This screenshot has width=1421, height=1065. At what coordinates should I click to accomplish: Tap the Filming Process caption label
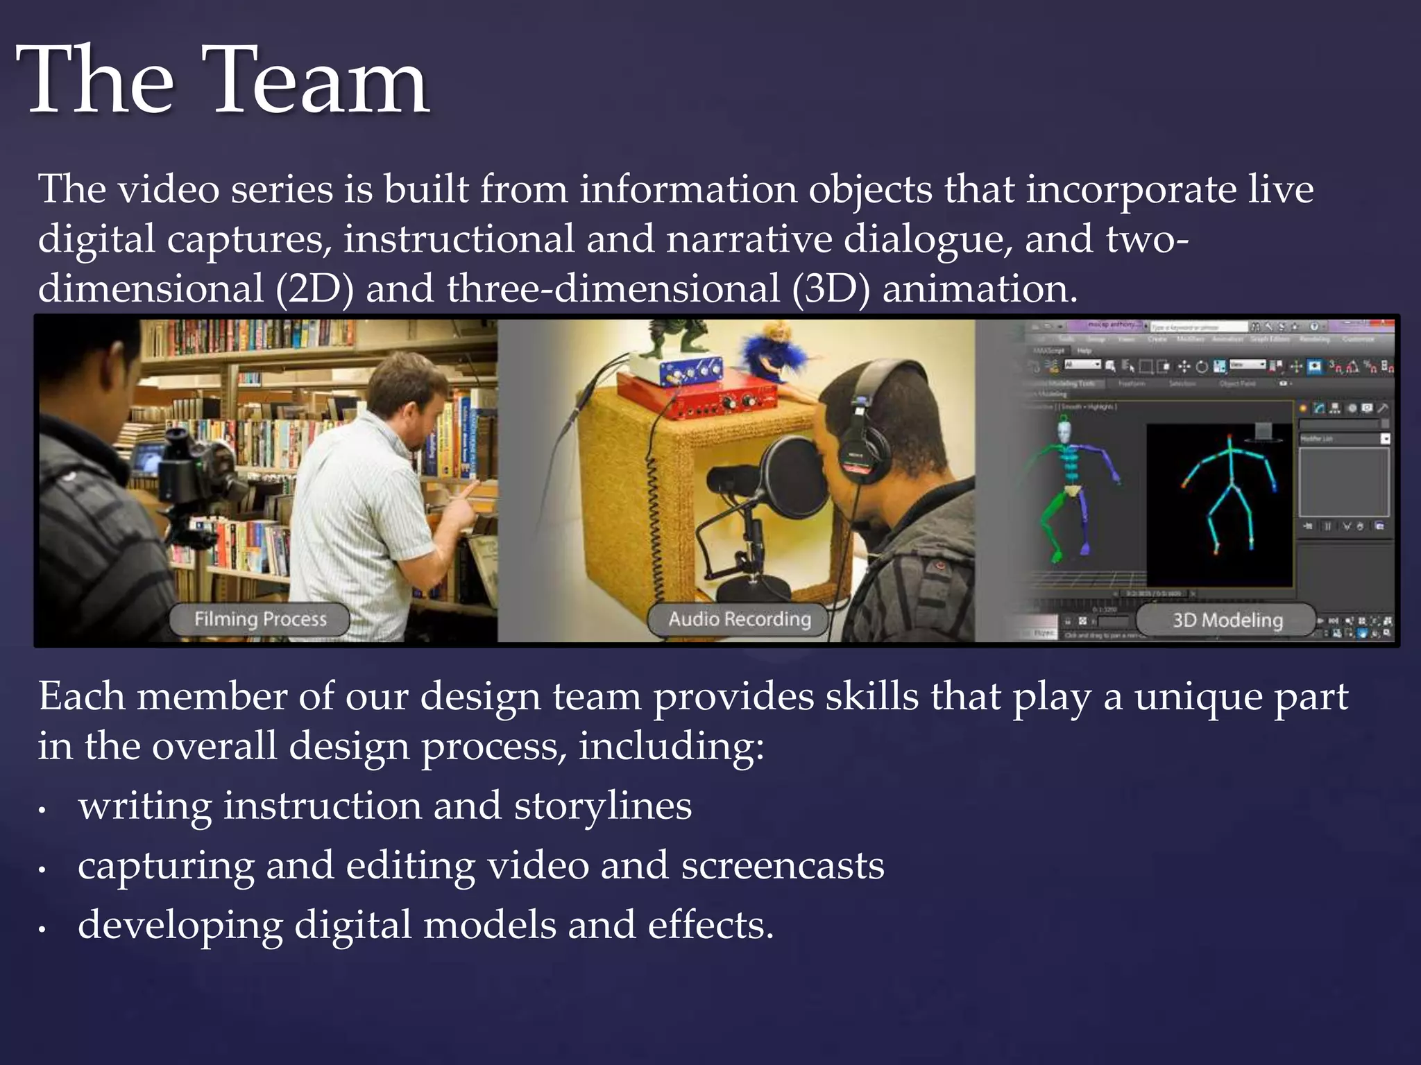pyautogui.click(x=259, y=619)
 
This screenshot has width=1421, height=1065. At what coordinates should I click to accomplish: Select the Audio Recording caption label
pyautogui.click(x=739, y=619)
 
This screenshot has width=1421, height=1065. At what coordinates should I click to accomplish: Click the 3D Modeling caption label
pyautogui.click(x=1227, y=620)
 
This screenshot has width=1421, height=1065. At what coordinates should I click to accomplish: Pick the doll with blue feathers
pyautogui.click(x=770, y=357)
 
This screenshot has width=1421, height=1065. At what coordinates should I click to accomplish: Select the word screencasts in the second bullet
pyautogui.click(x=783, y=866)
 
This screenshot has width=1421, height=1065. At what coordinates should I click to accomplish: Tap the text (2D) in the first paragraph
pyautogui.click(x=314, y=289)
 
